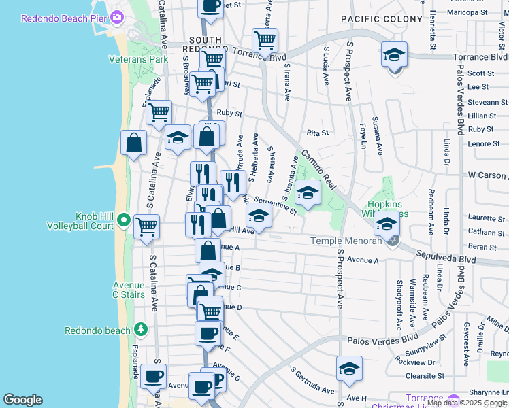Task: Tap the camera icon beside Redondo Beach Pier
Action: click(x=117, y=17)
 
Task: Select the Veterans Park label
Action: click(x=138, y=59)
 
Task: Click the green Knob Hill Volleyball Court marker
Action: click(x=123, y=220)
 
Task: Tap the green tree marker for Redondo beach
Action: click(x=141, y=330)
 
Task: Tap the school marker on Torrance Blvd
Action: click(x=394, y=55)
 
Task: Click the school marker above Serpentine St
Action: click(x=308, y=193)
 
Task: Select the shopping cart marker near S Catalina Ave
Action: click(x=146, y=228)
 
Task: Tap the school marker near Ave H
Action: click(x=349, y=369)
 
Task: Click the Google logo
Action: click(x=22, y=400)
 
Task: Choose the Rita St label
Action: click(x=318, y=133)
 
